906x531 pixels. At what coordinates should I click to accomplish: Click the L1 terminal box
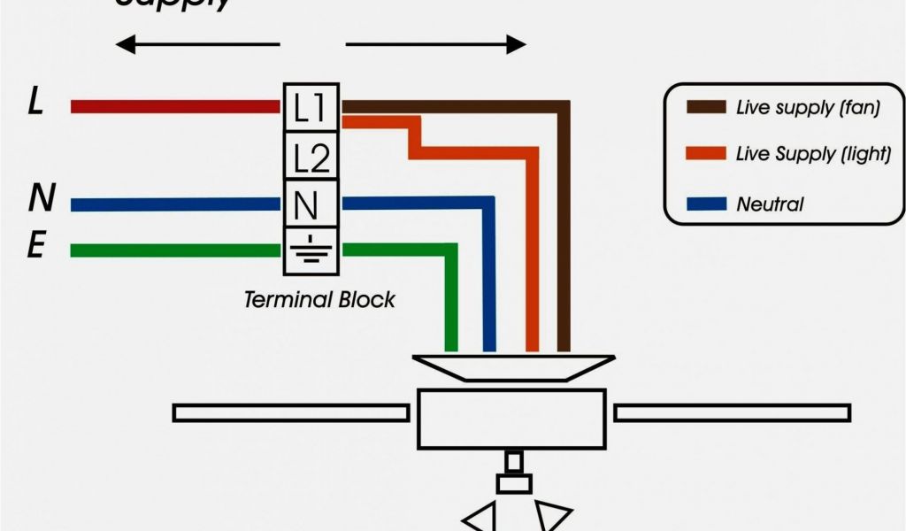click(x=311, y=108)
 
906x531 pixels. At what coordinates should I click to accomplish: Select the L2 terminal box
click(x=311, y=157)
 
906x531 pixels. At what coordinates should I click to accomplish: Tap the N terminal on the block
click(x=308, y=204)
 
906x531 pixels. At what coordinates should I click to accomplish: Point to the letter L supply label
click(x=35, y=104)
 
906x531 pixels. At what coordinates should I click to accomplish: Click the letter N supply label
click(x=40, y=199)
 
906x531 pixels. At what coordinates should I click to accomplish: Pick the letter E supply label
click(x=36, y=245)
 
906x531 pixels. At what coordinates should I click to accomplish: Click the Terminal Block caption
click(x=319, y=299)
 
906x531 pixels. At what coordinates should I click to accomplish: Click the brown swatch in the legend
click(x=704, y=108)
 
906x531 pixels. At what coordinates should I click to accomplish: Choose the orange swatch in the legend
click(x=704, y=155)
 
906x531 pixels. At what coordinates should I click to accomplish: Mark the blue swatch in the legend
click(x=704, y=204)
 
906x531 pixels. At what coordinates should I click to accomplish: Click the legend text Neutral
click(x=770, y=204)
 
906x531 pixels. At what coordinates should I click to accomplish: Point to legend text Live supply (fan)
click(x=808, y=108)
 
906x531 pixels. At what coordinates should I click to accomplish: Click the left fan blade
click(x=290, y=412)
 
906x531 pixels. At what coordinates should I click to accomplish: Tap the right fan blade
click(x=732, y=412)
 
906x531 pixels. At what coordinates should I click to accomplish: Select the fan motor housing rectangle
click(x=511, y=418)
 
